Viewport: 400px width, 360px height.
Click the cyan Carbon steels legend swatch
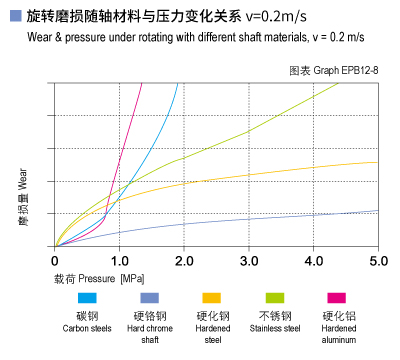click(x=88, y=298)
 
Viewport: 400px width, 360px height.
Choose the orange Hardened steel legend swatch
click(x=211, y=298)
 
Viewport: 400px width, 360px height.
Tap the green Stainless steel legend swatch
click(x=274, y=298)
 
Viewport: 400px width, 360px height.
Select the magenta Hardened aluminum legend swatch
click(x=337, y=298)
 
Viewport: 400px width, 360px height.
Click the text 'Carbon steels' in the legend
click(x=88, y=328)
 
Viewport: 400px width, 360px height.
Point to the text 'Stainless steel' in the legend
click(x=274, y=328)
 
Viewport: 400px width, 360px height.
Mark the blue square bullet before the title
click(x=12, y=16)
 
